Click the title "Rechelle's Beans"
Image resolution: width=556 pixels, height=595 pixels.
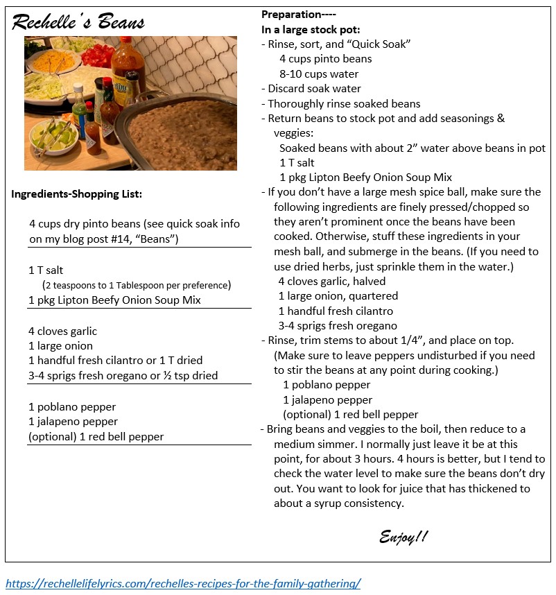click(78, 22)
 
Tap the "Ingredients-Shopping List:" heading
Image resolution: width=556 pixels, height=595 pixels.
click(76, 194)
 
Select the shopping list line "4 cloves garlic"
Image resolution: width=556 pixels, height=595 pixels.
click(63, 331)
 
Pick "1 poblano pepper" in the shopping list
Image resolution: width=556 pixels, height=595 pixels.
click(72, 407)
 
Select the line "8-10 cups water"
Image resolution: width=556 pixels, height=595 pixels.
click(319, 74)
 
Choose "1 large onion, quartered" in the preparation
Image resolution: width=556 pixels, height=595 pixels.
click(338, 296)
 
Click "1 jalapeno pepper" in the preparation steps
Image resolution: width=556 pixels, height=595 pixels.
click(328, 400)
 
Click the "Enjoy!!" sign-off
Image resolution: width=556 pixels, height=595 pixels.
click(403, 536)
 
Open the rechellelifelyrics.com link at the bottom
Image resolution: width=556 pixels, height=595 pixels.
click(183, 583)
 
